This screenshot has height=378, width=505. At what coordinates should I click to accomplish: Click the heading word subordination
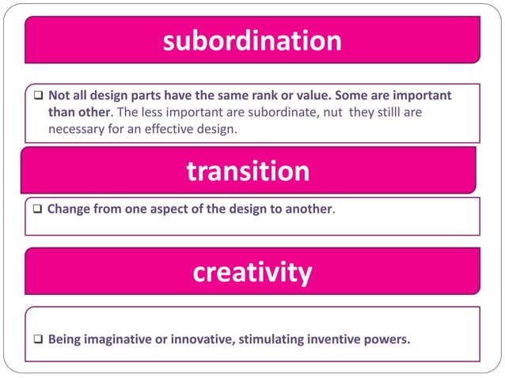point(252,41)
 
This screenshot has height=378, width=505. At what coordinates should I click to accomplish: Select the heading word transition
point(248,171)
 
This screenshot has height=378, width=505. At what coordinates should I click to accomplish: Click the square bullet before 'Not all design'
point(37,96)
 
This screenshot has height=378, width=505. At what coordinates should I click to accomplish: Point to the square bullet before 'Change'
point(37,211)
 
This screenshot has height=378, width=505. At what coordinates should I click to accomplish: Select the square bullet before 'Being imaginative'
point(37,341)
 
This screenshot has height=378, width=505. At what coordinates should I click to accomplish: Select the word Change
point(69,211)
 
